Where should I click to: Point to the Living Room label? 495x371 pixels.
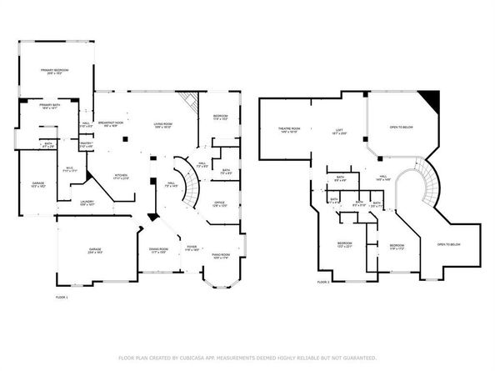click(x=162, y=127)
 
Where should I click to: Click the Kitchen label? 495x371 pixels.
click(x=120, y=177)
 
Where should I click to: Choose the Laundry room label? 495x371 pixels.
click(x=87, y=203)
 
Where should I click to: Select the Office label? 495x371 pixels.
click(x=219, y=204)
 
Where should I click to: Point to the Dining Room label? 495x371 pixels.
click(x=158, y=250)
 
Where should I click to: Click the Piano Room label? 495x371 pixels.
click(x=220, y=257)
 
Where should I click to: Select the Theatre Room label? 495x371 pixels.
click(x=289, y=130)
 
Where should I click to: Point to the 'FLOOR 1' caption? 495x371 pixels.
click(x=62, y=298)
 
